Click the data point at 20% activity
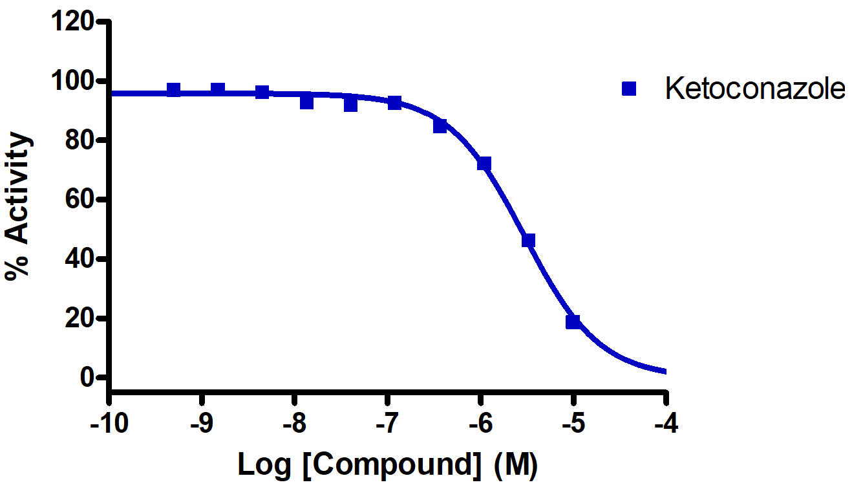(x=573, y=321)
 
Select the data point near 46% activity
(x=528, y=241)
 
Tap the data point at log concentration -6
(x=484, y=164)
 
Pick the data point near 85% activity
(x=440, y=125)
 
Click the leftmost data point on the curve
(x=173, y=90)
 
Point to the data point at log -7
(x=395, y=102)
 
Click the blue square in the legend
(x=628, y=89)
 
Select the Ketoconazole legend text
(x=754, y=89)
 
